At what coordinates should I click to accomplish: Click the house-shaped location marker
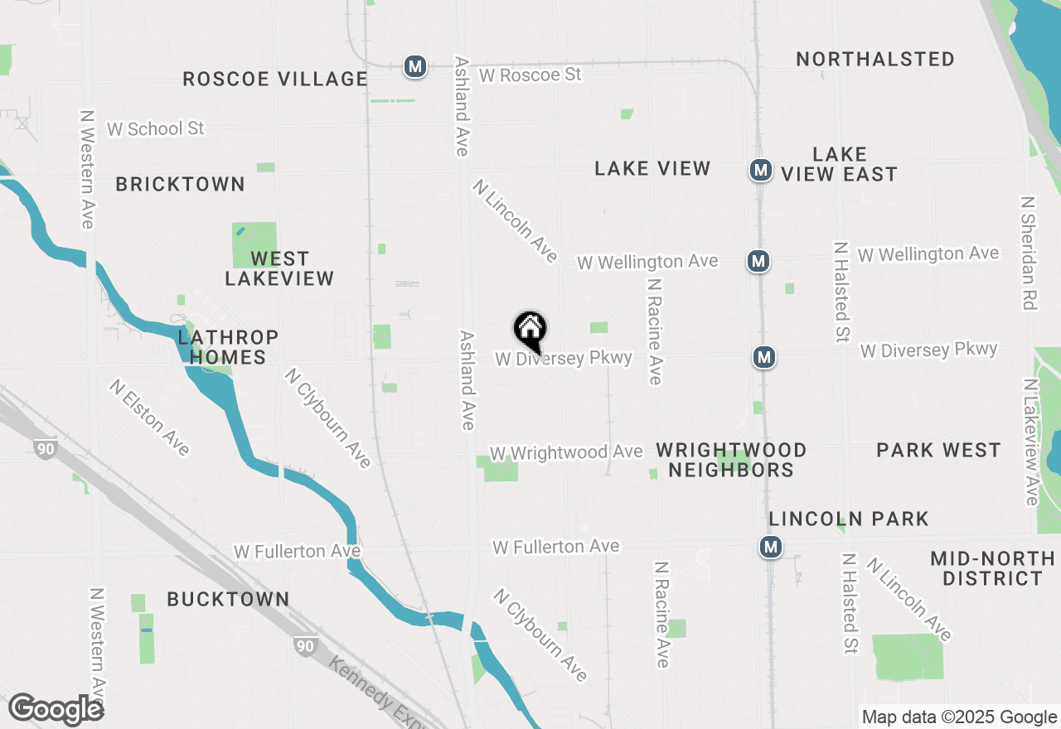(530, 331)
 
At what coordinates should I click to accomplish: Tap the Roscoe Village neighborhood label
(275, 79)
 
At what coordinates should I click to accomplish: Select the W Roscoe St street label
(530, 75)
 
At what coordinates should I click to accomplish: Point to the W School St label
(156, 128)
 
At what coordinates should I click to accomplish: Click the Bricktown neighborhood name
(180, 184)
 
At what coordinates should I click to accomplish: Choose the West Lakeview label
(279, 268)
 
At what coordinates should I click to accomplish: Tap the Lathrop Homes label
(227, 347)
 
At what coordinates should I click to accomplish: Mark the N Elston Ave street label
(150, 418)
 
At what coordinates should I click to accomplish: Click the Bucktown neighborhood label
(228, 599)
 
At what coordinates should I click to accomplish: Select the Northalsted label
(875, 59)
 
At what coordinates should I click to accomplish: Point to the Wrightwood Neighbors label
(731, 460)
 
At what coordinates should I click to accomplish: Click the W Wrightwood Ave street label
(566, 452)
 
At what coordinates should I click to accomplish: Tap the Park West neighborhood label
(938, 450)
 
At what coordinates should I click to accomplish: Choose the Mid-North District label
(992, 568)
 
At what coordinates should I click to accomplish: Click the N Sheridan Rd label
(1029, 253)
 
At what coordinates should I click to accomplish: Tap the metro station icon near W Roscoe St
(415, 66)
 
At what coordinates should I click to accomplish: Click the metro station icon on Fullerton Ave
(771, 547)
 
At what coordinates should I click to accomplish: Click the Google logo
(56, 709)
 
